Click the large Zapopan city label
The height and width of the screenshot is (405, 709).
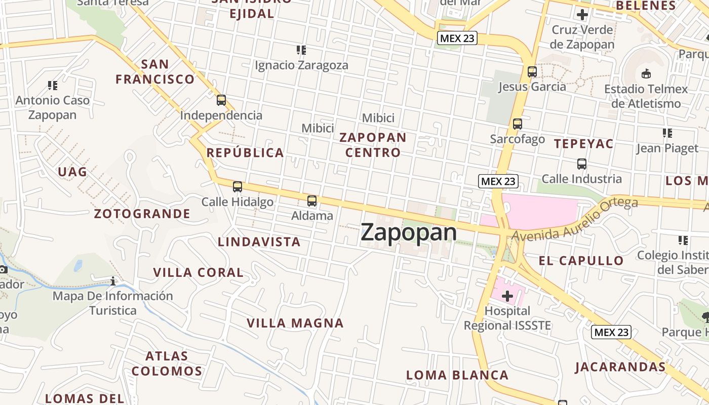pos(409,232)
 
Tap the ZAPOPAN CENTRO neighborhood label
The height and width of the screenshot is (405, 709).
pos(373,145)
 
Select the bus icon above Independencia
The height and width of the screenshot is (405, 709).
pos(221,100)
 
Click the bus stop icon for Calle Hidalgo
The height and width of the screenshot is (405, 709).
pos(238,187)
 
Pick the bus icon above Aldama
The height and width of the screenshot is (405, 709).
pos(312,201)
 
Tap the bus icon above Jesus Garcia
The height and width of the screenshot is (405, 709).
pos(532,72)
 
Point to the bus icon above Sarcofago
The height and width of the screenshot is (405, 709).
pos(517,124)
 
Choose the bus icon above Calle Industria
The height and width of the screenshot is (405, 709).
pos(581,164)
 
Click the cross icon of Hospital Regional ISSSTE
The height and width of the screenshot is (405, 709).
pos(507,296)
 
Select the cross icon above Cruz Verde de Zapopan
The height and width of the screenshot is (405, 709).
pos(582,15)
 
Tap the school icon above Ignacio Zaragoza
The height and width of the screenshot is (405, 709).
pos(301,50)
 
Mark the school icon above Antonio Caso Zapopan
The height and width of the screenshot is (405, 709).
pos(53,86)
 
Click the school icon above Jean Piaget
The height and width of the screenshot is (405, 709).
pos(667,133)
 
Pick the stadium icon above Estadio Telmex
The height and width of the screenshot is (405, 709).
pos(646,74)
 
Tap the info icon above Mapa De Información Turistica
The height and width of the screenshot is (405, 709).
pos(113,281)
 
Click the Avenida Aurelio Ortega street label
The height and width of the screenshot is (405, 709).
pos(575,219)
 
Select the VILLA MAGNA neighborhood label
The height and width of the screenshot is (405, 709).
pos(295,323)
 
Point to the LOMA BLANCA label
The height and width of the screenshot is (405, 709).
pos(457,375)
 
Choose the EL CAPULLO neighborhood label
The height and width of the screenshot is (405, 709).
pos(581,261)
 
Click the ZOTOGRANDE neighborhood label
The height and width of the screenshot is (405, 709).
pos(142,214)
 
